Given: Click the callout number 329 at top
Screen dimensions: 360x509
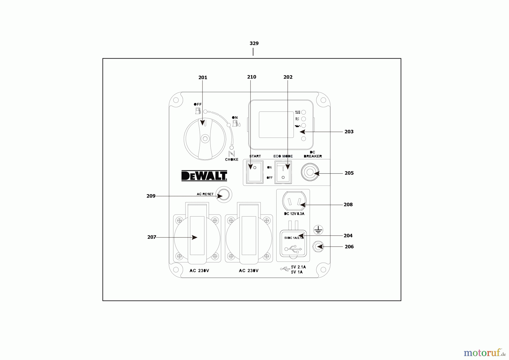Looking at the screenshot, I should point(254,43).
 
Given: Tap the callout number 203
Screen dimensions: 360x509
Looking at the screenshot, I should point(349,132).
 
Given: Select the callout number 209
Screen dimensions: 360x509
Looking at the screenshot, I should point(151,196).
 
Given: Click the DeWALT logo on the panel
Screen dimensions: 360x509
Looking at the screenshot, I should point(204,175).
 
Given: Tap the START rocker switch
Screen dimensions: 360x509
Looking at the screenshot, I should point(255,172).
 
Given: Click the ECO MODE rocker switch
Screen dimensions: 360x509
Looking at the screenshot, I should point(283,172).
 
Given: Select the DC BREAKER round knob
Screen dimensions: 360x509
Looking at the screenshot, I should point(310,172).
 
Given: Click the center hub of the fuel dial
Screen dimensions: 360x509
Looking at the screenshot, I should point(205,139).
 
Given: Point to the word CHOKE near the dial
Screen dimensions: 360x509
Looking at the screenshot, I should point(232,160).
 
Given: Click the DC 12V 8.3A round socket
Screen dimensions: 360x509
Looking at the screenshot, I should point(294,201).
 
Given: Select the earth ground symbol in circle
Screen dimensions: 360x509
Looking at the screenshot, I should point(318,230).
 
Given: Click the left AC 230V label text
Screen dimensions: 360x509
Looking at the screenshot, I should point(199,271).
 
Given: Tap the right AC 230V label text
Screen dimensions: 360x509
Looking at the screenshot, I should point(249,271).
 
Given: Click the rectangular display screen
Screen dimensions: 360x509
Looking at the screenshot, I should point(276,125).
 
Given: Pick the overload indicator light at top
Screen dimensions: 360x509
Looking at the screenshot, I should point(303,112).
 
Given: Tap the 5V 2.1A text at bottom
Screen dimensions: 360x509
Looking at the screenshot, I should point(298,267).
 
